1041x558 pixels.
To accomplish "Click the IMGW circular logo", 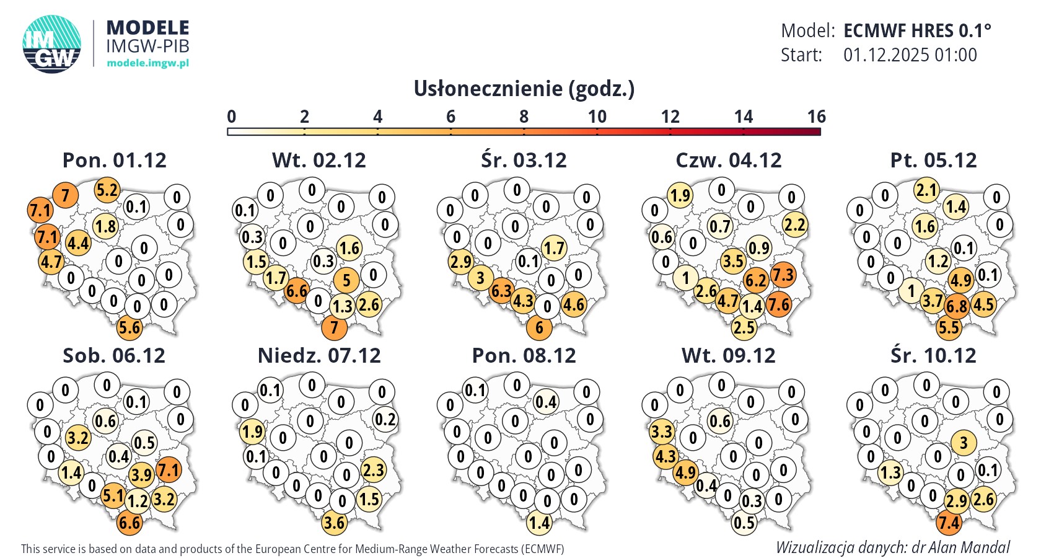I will coord(52,44).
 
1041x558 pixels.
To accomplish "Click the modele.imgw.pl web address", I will coord(147,63).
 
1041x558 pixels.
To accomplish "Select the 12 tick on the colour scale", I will coord(670,117).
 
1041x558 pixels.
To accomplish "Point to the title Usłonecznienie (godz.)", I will coord(524,89).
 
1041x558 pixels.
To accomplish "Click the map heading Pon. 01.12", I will coord(115,160).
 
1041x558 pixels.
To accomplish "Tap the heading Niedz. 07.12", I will coord(319,355).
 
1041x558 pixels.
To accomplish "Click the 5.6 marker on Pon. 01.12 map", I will coord(130,327).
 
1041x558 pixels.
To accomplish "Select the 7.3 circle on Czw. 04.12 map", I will coord(783,275).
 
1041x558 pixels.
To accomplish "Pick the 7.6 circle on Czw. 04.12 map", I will coord(778,304).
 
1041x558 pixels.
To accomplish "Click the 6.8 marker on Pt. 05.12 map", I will coord(957,306).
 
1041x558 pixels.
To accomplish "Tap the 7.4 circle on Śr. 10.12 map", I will coord(949,523).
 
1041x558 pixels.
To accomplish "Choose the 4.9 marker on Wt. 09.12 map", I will coord(685,472).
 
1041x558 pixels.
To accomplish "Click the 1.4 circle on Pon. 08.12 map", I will coord(539,523).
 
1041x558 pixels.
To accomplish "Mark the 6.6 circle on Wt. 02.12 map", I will coord(297,291).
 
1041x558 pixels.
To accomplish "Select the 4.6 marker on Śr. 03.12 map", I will coord(573,304).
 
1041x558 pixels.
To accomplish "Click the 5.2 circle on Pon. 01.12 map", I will coord(107,190).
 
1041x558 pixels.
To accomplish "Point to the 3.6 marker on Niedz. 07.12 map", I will coord(334,523).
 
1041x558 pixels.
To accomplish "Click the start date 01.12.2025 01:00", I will coord(910,55).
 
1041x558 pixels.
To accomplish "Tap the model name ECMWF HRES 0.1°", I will coord(917,30).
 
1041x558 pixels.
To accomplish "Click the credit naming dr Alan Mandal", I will coord(892,547).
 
